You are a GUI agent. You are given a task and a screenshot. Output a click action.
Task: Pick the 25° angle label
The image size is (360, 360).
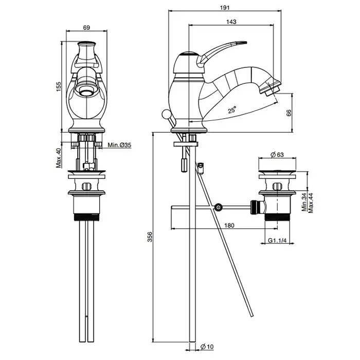click(x=232, y=110)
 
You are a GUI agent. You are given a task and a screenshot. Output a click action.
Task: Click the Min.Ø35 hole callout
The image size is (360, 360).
click(x=120, y=146)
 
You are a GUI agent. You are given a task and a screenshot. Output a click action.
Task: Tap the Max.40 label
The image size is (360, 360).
click(x=59, y=158)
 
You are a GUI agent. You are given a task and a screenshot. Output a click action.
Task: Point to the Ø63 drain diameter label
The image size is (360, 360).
click(x=278, y=154)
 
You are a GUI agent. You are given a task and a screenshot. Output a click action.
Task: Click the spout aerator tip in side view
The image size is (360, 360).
click(x=273, y=91)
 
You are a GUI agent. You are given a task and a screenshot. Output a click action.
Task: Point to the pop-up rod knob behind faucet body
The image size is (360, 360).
click(x=166, y=114)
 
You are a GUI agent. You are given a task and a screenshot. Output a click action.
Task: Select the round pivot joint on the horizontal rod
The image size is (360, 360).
click(x=219, y=208)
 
